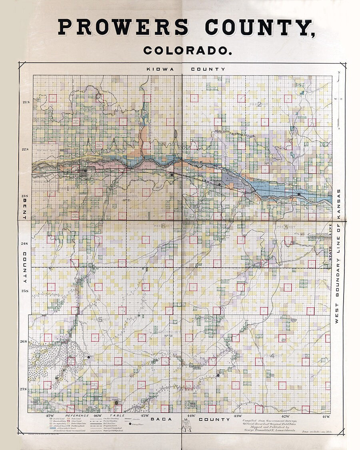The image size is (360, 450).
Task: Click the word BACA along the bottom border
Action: point(161,419)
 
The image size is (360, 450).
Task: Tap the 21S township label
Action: point(26,102)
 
